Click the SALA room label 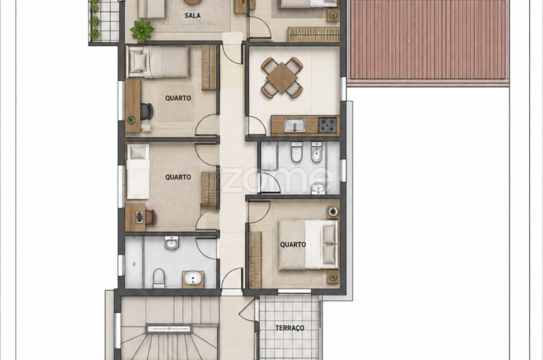pos(192,15)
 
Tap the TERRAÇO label pos(290,327)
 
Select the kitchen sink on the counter pos(294,125)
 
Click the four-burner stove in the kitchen pos(327,125)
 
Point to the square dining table pos(282,78)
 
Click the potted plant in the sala pos(141,31)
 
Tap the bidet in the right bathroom pos(317,153)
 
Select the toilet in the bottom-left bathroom pos(159,278)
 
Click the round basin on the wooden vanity pos(193,279)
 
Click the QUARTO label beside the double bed pos(293,244)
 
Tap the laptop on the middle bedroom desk pos(140,217)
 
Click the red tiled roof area pos(428,42)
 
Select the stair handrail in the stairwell pos(169,328)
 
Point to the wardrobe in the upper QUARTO pos(209,68)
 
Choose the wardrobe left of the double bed pos(255,260)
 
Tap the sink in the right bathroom pos(318,188)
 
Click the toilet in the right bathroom pos(297,152)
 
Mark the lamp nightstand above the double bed pos(333,211)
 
